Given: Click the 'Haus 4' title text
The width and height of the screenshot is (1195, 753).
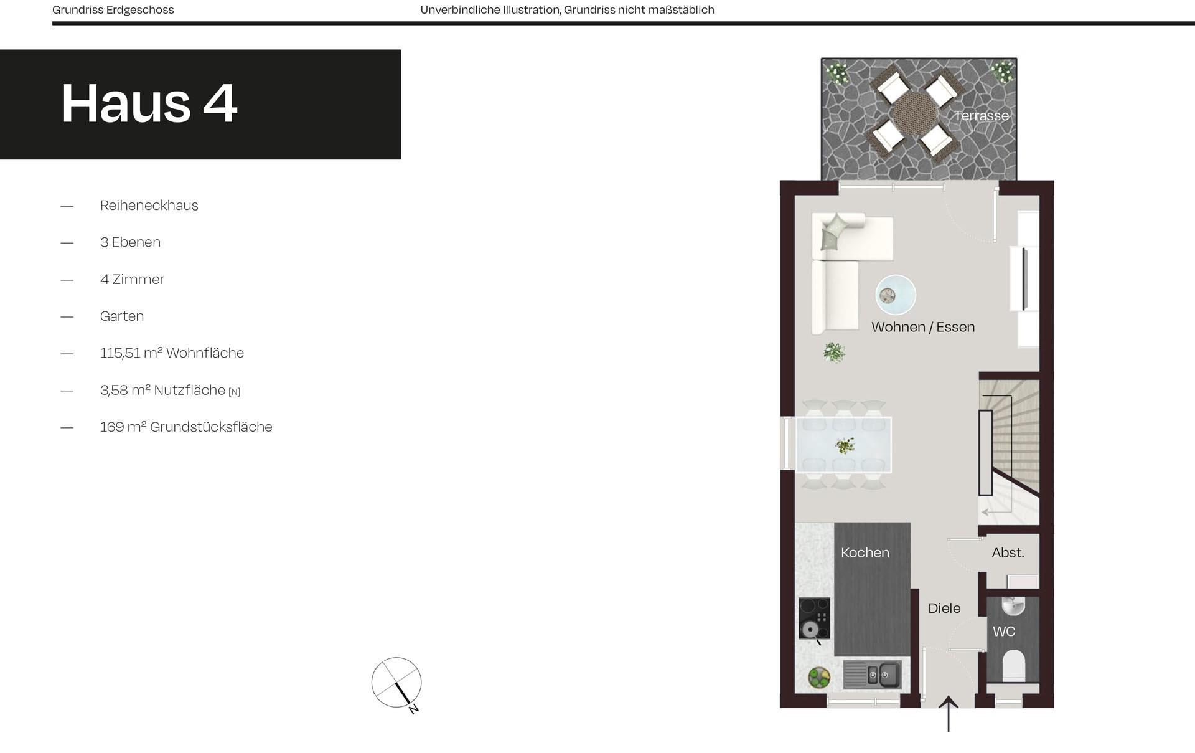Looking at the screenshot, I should (149, 103).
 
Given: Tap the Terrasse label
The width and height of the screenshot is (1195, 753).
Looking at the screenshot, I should (981, 116).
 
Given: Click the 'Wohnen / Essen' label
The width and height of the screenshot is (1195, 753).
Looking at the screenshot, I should (922, 327).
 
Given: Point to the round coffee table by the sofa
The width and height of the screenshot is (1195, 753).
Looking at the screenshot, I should (895, 295).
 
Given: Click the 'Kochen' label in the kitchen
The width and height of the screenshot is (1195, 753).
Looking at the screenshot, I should (865, 552).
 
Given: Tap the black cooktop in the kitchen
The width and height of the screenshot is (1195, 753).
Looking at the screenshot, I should (814, 618).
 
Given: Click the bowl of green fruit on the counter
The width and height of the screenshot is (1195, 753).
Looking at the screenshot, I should (818, 677).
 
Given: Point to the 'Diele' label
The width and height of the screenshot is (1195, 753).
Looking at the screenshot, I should (944, 609).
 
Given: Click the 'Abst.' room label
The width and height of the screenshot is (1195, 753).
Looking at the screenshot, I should (1007, 552).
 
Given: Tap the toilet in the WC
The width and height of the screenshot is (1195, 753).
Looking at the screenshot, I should (1013, 664).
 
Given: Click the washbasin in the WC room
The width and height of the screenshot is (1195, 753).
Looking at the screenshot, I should (1013, 604).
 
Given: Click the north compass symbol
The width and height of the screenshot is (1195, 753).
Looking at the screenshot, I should (396, 683).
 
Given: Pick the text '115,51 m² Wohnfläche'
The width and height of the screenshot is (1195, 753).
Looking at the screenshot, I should (172, 353).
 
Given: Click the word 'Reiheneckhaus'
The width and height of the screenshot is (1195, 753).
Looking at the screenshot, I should (149, 206).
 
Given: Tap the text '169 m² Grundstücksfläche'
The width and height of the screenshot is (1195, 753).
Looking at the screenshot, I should (185, 427).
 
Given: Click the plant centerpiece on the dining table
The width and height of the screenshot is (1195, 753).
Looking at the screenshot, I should (845, 445).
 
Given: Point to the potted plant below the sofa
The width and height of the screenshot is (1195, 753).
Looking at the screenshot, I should (833, 353).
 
